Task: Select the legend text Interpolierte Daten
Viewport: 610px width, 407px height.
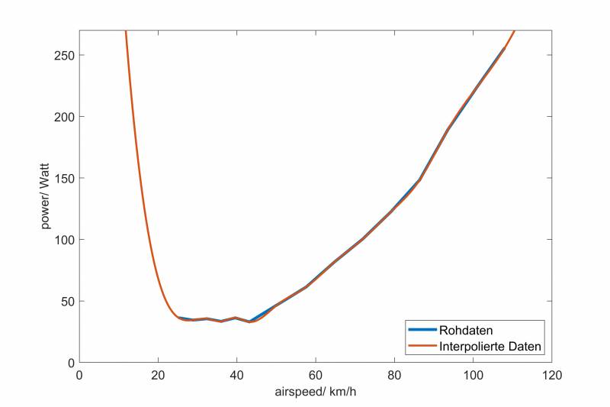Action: [490, 347]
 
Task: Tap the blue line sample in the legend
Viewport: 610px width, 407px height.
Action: [422, 331]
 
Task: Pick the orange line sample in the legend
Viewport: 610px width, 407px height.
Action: [422, 347]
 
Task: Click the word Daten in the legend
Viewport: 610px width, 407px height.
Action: [525, 347]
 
